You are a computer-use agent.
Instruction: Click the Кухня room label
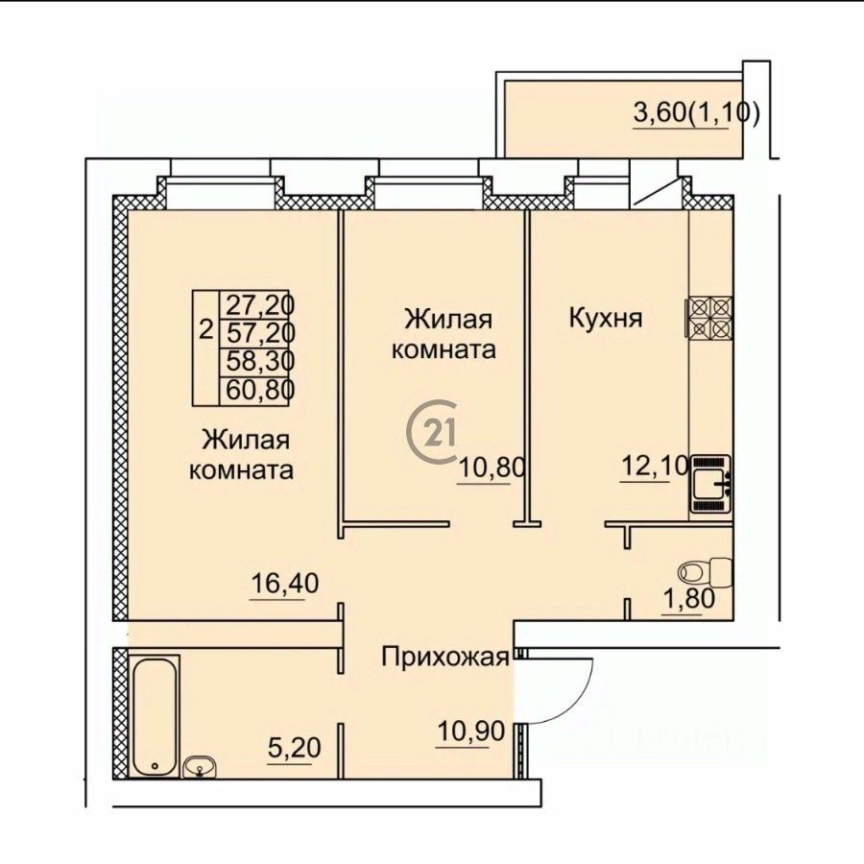pos(606,319)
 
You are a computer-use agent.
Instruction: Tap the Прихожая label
pos(445,657)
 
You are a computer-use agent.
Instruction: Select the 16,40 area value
pos(284,583)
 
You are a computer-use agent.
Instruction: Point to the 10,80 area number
pos(491,468)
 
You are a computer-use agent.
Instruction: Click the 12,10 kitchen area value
pos(654,467)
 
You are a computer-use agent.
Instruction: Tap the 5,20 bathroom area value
pos(294,748)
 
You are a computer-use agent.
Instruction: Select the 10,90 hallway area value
pos(470,732)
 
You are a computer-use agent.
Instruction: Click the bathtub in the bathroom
pos(155,715)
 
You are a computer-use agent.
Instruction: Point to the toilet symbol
pos(707,572)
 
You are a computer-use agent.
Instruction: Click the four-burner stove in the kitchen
pos(709,318)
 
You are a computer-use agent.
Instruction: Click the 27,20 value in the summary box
pos(258,304)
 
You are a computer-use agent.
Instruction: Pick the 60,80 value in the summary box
pos(258,390)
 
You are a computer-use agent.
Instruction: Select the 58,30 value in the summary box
pos(258,362)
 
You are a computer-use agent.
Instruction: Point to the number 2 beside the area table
pos(205,330)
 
